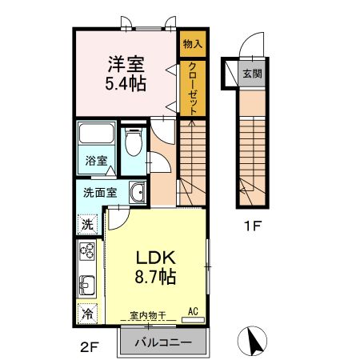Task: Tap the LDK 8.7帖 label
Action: pos(154,267)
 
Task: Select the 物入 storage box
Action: pos(192,46)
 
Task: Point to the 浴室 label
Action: pos(95,160)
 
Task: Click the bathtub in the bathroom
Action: pos(97,135)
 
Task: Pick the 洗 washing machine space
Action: pos(87,224)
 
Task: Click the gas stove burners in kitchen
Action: pos(86,255)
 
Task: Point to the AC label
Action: pos(194,310)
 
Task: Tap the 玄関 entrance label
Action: pos(253,74)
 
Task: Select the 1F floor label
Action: pos(253,226)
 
